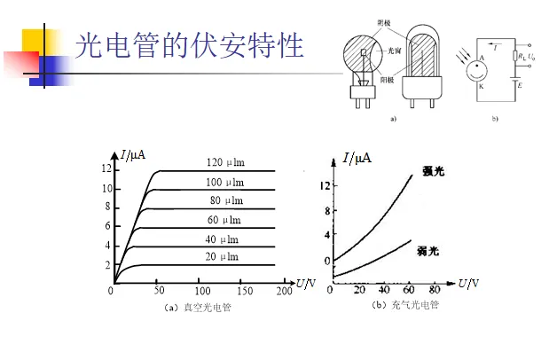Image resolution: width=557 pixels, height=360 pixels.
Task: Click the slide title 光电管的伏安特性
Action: [x=190, y=45]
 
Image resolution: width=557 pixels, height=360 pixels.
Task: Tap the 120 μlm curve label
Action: [x=225, y=162]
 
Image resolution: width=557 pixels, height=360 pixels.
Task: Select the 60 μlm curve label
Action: [x=224, y=219]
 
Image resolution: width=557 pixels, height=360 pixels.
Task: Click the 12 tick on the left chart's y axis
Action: [x=106, y=168]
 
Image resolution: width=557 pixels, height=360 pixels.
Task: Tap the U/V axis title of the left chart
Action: [x=304, y=284]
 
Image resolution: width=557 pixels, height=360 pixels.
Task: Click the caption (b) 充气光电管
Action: [x=405, y=305]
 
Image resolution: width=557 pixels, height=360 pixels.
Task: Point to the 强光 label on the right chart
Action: [x=433, y=171]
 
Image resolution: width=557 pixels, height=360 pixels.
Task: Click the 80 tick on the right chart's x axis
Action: [x=435, y=290]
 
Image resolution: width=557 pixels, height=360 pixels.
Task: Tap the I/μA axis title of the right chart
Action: [x=357, y=159]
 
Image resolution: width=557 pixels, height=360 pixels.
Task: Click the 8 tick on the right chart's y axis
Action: [x=326, y=211]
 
